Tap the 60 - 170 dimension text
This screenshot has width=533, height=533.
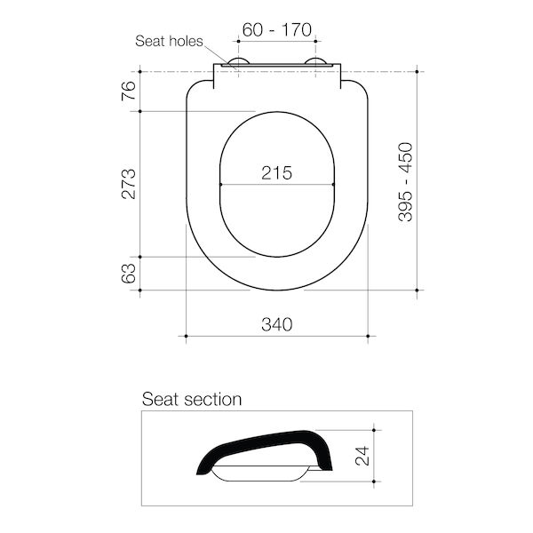(x=276, y=30)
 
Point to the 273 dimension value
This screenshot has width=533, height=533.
(x=129, y=184)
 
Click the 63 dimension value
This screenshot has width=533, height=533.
(x=129, y=273)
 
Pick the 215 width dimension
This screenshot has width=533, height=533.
(x=276, y=173)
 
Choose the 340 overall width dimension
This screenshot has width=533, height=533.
(x=276, y=325)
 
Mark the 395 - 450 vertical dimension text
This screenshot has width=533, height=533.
(x=405, y=182)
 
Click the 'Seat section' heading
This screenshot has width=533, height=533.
(x=192, y=400)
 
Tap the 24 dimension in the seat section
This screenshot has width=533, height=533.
(x=361, y=457)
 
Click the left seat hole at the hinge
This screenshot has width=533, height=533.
(x=238, y=63)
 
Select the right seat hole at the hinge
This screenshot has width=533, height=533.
(x=315, y=63)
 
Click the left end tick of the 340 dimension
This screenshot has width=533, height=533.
(x=185, y=336)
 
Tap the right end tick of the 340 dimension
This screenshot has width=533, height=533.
(x=369, y=336)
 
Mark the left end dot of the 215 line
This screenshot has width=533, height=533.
(x=219, y=185)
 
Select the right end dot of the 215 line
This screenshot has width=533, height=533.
(x=333, y=185)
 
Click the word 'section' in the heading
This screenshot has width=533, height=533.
(x=212, y=400)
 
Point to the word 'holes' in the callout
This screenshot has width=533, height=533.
(x=188, y=41)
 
